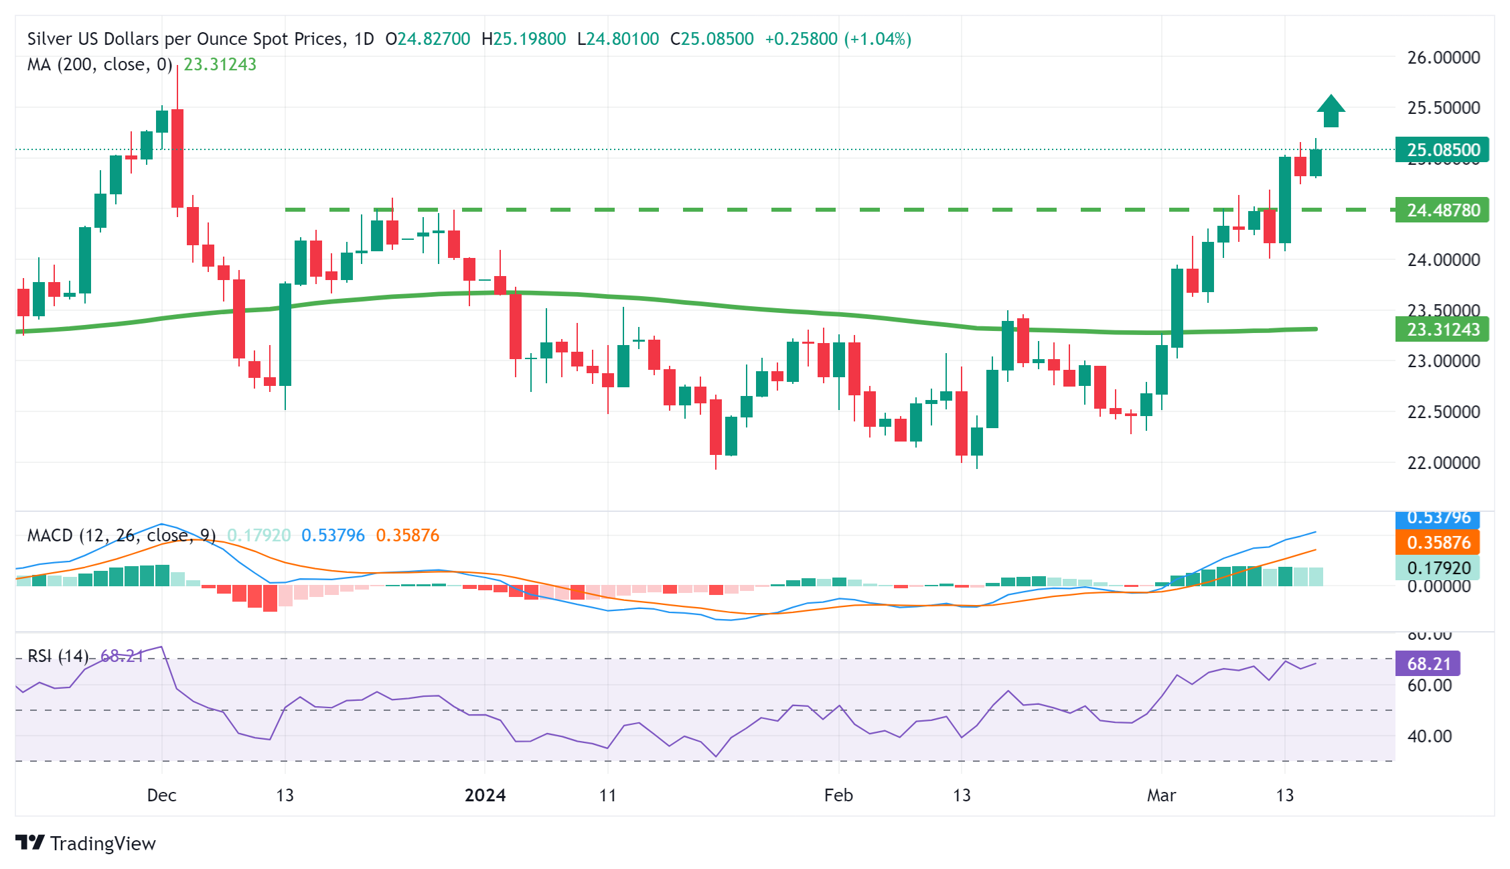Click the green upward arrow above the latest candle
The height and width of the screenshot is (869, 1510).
pos(1331,111)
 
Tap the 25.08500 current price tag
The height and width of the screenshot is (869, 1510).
pos(1442,149)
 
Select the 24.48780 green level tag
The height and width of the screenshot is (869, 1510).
pos(1442,210)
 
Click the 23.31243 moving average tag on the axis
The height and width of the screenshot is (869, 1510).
pos(1442,329)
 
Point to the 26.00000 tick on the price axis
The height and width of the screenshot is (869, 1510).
pos(1443,58)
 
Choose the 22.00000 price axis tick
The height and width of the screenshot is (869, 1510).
pos(1443,462)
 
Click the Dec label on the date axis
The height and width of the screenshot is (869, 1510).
pos(161,795)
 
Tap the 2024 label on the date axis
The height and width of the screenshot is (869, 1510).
pos(485,795)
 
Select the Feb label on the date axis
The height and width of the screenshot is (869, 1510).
pos(838,795)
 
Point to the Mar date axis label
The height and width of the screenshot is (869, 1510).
pos(1161,795)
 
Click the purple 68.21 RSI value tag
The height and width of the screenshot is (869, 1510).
pos(1428,663)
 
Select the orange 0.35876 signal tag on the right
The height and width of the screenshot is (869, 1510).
pos(1438,542)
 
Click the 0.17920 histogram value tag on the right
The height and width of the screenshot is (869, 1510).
pos(1438,568)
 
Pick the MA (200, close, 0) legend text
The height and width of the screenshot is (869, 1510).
pos(100,64)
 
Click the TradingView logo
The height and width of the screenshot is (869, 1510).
pos(86,843)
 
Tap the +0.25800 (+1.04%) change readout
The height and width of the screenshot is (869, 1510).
pos(838,39)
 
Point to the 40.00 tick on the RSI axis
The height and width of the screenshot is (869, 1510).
pos(1429,736)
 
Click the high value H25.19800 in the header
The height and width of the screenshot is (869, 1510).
pos(524,39)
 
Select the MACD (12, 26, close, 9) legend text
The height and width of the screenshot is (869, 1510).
pos(121,535)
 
